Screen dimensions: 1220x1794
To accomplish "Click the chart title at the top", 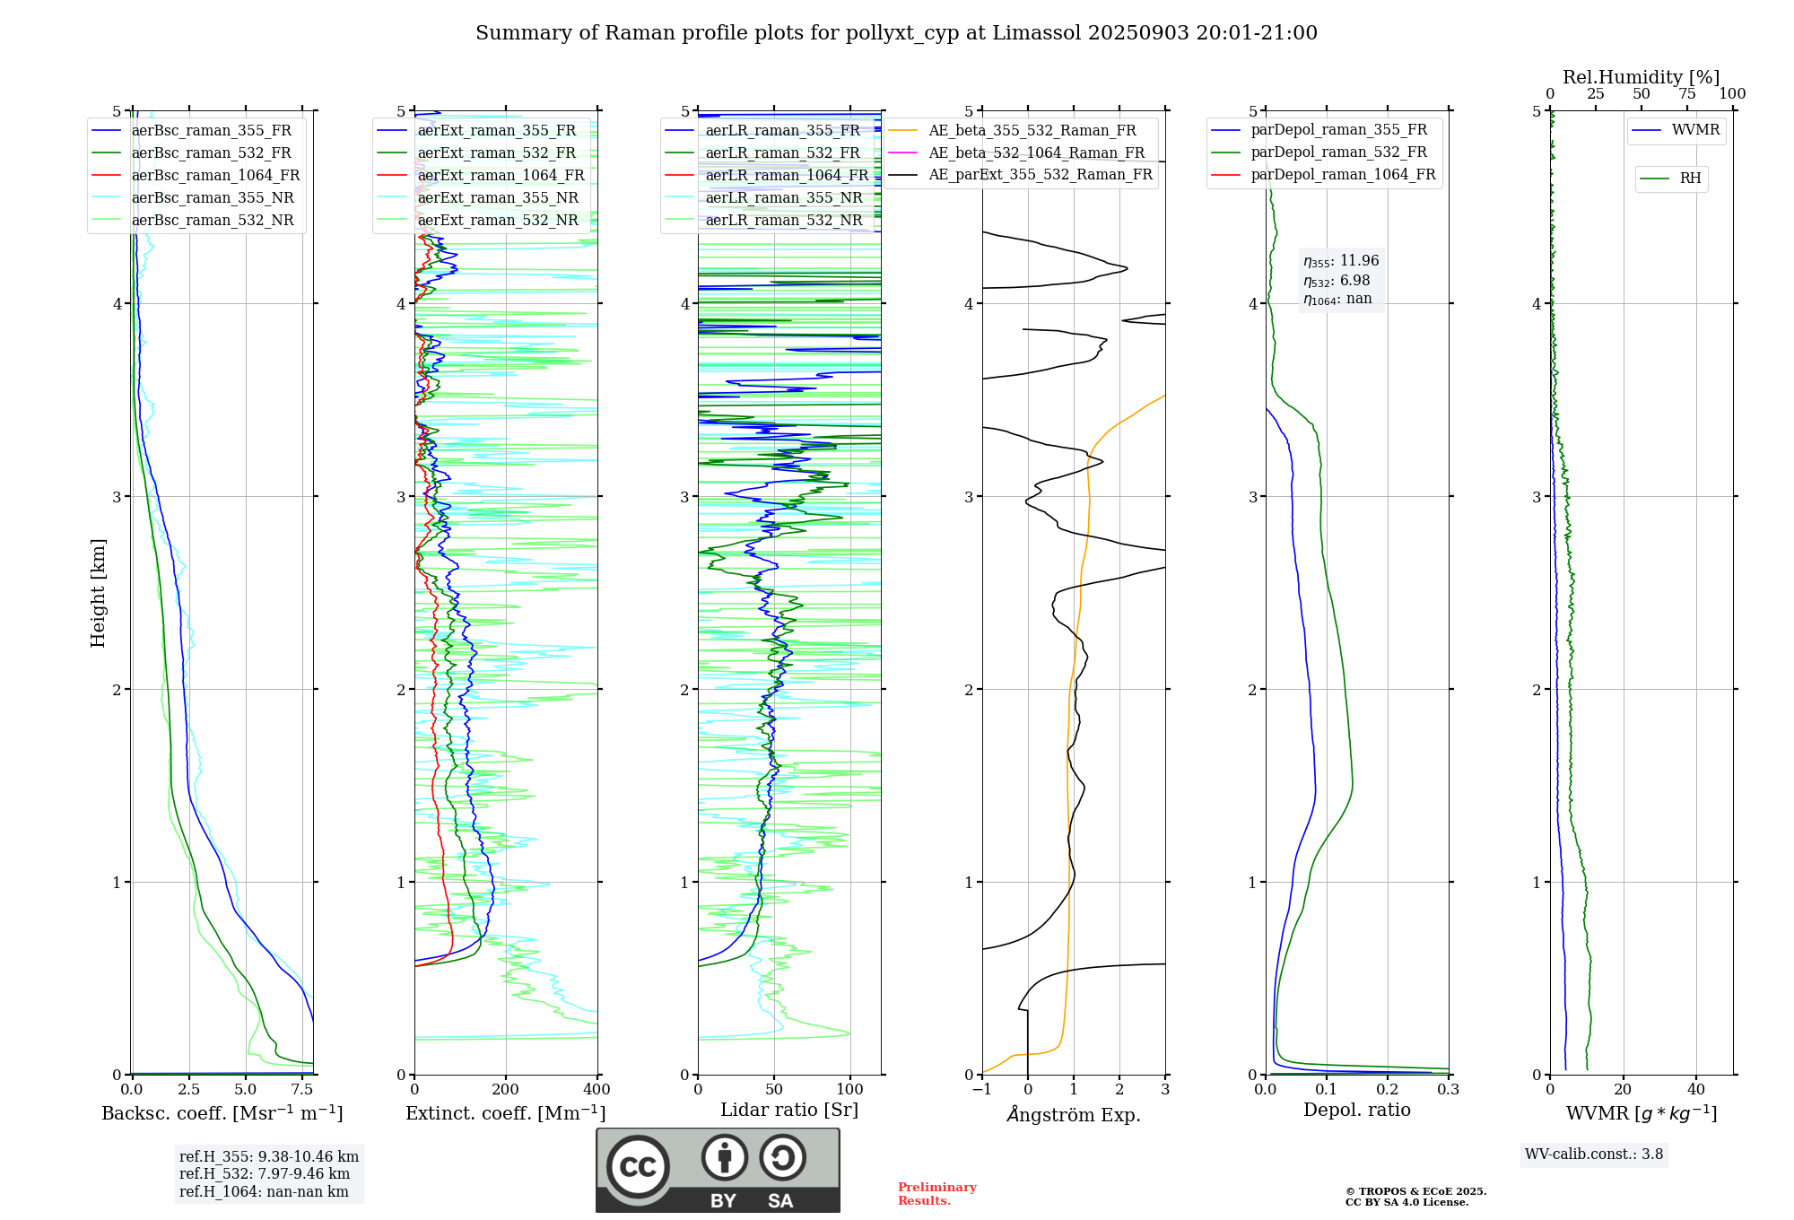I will click(x=896, y=33).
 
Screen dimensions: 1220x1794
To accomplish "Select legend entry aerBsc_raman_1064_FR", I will click(x=215, y=176).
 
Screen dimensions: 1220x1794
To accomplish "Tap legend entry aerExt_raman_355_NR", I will click(x=498, y=198).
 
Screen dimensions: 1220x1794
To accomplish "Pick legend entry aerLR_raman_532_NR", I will click(x=783, y=221).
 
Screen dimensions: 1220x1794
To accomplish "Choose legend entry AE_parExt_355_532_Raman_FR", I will click(x=1040, y=175).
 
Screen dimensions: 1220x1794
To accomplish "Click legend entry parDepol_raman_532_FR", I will click(x=1338, y=152).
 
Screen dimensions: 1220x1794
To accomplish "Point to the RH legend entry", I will click(x=1690, y=179).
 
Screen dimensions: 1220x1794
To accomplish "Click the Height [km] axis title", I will click(x=99, y=593).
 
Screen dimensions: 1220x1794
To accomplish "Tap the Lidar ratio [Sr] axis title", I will click(x=789, y=1111).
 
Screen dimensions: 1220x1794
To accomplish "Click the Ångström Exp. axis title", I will click(x=1074, y=1115).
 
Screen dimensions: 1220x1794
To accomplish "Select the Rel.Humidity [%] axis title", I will click(x=1641, y=77).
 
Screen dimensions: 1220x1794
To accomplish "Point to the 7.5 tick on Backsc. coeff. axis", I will click(x=302, y=1090).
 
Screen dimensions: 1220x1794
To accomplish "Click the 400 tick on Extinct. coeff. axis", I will click(x=597, y=1090).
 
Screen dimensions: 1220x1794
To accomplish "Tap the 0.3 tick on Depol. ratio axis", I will click(x=1449, y=1090).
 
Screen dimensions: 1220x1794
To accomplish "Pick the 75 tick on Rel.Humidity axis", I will click(x=1687, y=94).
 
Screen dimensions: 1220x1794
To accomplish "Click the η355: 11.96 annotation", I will click(x=1341, y=261).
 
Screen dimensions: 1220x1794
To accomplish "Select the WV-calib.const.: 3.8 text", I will click(x=1594, y=1155).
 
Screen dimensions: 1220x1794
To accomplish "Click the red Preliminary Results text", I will click(x=936, y=1194).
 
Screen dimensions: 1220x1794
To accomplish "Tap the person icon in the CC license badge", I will click(x=724, y=1158).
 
